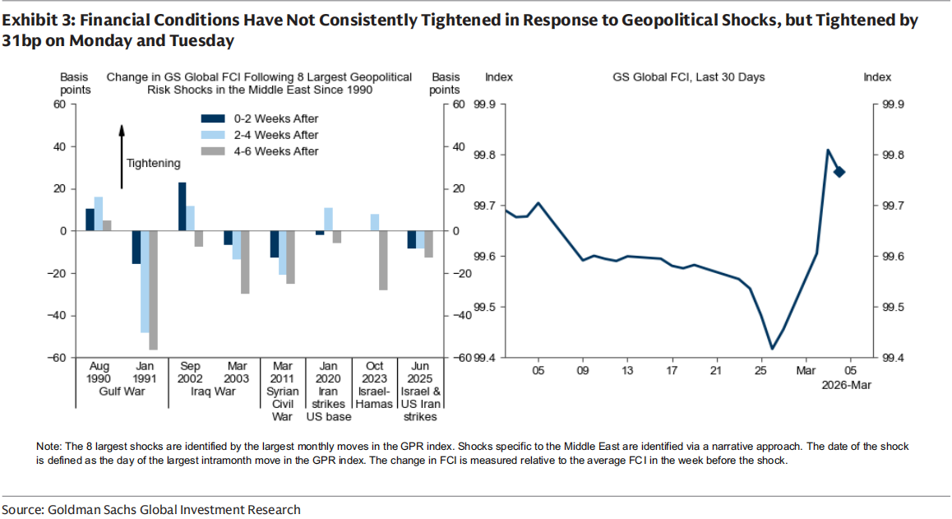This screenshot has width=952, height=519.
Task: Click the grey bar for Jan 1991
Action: [152, 290]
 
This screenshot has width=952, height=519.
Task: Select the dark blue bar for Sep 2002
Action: [182, 206]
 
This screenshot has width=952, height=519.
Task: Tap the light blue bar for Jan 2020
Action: [329, 220]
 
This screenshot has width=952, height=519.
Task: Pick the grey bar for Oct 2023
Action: [383, 261]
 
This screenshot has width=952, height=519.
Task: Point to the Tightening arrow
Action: [122, 156]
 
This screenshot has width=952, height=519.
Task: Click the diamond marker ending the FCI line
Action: [839, 171]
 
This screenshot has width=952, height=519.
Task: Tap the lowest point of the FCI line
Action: [772, 349]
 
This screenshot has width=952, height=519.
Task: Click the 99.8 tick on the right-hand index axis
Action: [891, 155]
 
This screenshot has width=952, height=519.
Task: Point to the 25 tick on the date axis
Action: [760, 371]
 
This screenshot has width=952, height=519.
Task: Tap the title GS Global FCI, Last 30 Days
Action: [688, 77]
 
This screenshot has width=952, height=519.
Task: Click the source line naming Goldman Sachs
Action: [150, 509]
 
